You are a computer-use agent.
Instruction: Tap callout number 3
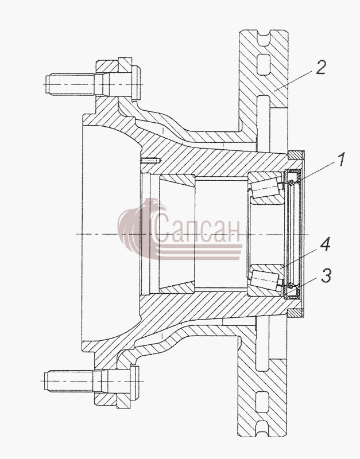pyautogui.click(x=326, y=275)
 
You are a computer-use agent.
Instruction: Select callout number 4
pyautogui.click(x=324, y=244)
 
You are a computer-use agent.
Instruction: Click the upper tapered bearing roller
pyautogui.click(x=265, y=188)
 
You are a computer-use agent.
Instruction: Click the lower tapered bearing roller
pyautogui.click(x=265, y=280)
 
